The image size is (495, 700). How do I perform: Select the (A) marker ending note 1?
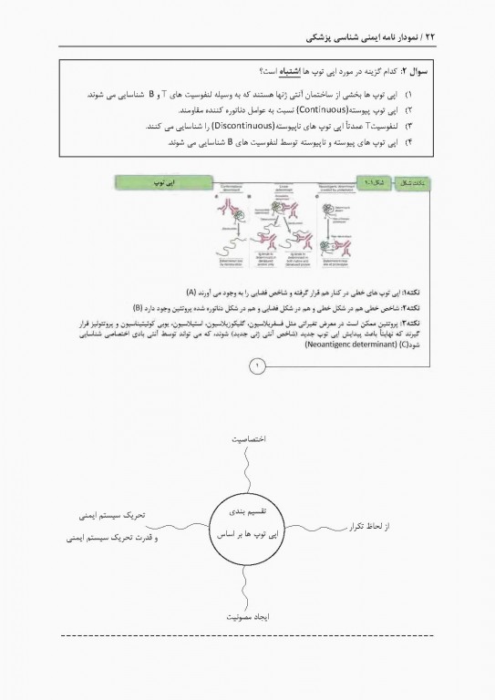pyautogui.click(x=191, y=292)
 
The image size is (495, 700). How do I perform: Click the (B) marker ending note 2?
pyautogui.click(x=138, y=307)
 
